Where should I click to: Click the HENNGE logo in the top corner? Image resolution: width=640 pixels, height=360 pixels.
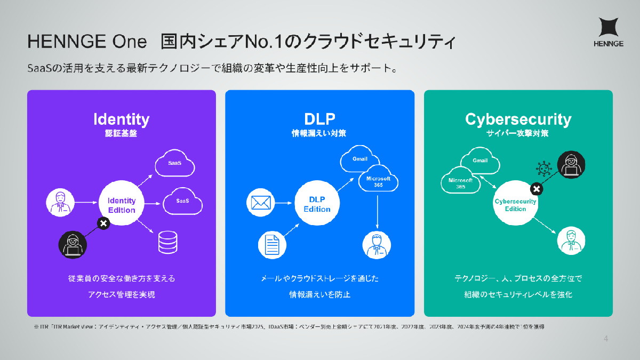coord(609,33)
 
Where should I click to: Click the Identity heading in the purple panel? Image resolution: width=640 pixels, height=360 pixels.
coord(122,118)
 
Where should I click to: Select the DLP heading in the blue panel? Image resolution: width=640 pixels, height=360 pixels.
coord(319,118)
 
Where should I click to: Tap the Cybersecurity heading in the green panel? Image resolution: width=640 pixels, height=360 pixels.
coord(518,118)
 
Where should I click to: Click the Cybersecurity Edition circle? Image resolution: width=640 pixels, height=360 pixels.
coord(515,205)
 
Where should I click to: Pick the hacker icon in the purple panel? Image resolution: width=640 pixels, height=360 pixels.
coord(72,244)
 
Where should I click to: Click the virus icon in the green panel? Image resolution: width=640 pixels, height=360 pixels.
coord(542,169)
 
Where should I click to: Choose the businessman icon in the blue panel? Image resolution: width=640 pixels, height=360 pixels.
coord(377,244)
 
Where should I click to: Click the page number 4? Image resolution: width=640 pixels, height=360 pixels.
coord(605,338)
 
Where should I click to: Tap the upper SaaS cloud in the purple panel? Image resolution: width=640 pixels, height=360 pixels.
coord(174,164)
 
